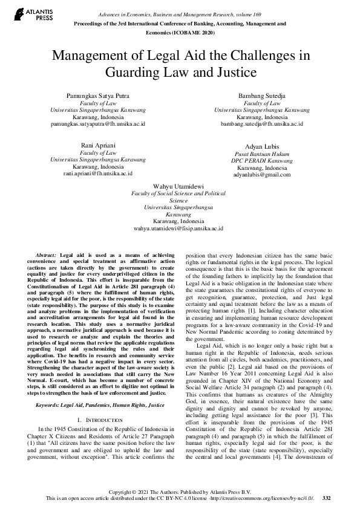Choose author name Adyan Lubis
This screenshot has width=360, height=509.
262,147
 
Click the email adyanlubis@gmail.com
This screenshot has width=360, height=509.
262,174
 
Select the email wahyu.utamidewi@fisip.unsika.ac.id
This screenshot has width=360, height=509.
178,229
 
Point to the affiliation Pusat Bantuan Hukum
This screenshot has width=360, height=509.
262,154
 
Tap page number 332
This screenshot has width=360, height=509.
327,498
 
